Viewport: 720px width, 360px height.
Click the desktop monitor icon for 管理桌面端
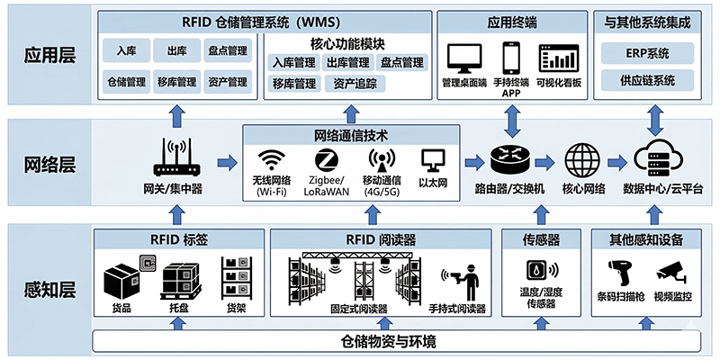[464, 59]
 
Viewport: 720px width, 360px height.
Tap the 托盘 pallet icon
[175, 283]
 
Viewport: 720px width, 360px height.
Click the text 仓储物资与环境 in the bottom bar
[389, 341]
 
